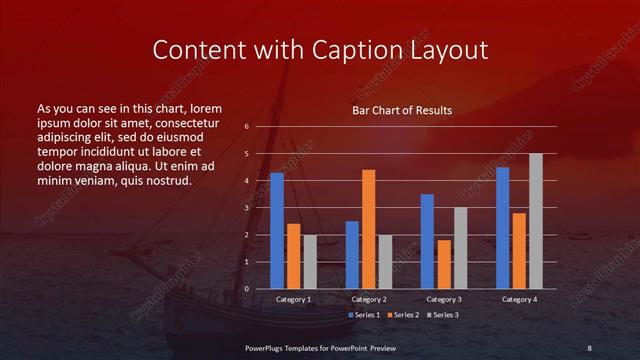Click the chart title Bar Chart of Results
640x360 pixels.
click(401, 110)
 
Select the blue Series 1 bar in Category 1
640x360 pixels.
click(276, 231)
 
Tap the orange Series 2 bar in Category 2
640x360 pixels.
click(368, 229)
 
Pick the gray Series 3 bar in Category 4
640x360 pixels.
click(535, 221)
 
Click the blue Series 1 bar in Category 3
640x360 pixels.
click(427, 241)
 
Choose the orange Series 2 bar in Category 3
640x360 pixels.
click(443, 264)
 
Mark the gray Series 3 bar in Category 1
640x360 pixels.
click(309, 262)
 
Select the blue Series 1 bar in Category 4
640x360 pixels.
click(502, 228)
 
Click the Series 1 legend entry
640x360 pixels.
click(365, 315)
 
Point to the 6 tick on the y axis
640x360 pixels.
click(246, 127)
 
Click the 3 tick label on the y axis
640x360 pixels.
click(246, 208)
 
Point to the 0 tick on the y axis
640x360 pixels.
click(246, 289)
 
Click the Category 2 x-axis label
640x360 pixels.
click(368, 300)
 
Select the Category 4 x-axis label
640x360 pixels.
click(518, 300)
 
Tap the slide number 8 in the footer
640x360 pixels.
click(589, 347)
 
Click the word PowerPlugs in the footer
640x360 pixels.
click(269, 347)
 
